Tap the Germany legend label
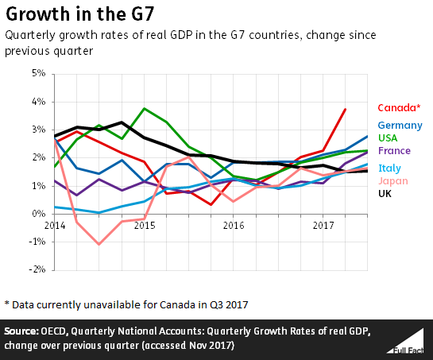tap(400, 126)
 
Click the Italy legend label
tap(389, 168)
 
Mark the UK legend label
tap(385, 193)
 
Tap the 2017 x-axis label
tap(322, 226)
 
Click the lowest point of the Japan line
tap(99, 244)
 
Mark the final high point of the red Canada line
tap(345, 109)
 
